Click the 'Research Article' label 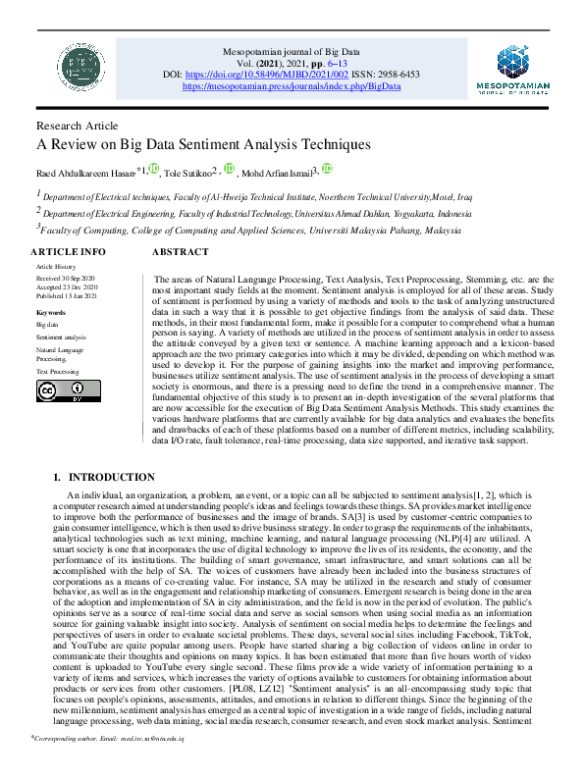coord(78,126)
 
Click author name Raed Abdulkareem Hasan coord(86,174)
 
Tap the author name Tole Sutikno coord(189,174)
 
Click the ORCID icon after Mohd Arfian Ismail coord(327,170)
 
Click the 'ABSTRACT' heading coord(181,252)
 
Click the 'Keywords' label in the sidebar coord(50,312)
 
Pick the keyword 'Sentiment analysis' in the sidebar coord(61,336)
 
